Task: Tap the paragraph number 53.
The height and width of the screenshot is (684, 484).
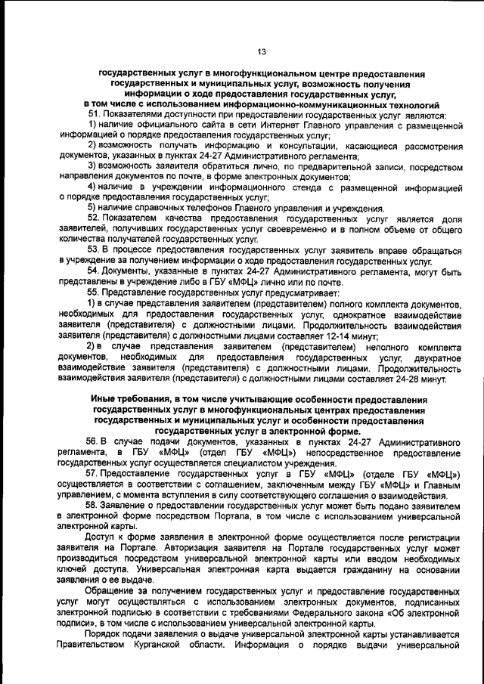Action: (95, 250)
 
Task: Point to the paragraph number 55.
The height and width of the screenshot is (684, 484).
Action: (95, 292)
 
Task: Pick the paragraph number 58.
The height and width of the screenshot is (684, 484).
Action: (95, 504)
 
